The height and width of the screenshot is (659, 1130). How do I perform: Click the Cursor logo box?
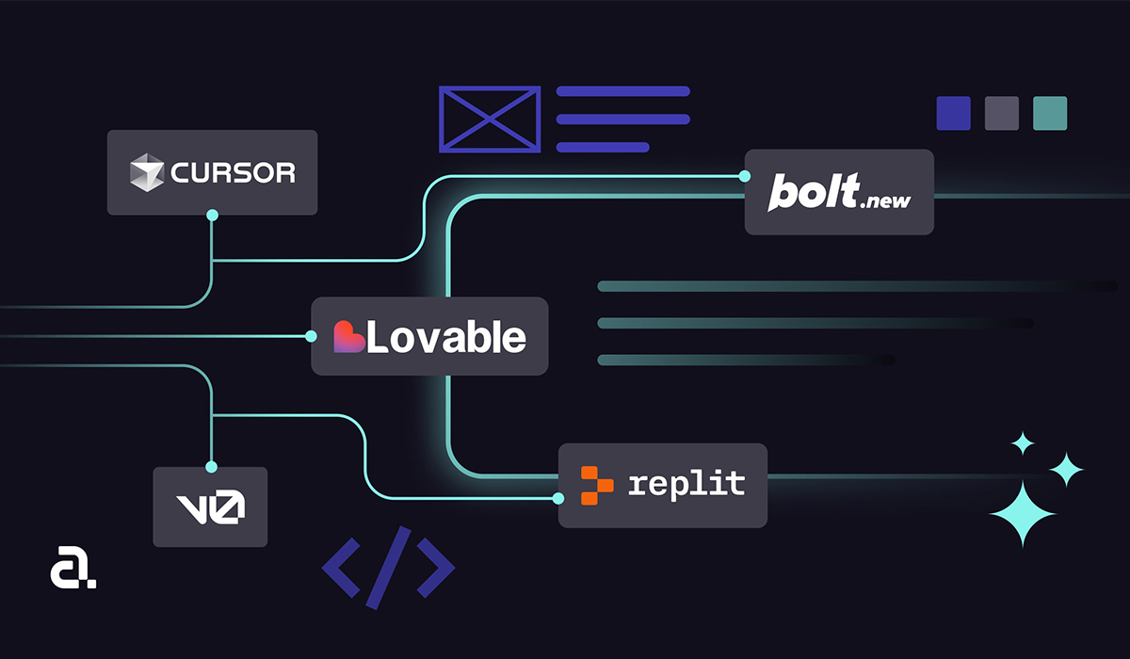pos(212,172)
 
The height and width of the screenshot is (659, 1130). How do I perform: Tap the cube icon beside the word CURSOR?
pos(146,172)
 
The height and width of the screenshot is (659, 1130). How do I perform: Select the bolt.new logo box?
pos(839,192)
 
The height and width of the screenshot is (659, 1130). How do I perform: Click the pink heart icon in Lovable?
pos(348,337)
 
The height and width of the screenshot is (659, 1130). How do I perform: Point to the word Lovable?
pos(446,337)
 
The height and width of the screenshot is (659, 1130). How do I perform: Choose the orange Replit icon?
pos(596,484)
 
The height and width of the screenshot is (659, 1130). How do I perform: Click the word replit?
pos(686,484)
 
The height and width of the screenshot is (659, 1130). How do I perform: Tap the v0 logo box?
pos(210,506)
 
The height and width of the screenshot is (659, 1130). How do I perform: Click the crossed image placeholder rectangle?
pos(490,119)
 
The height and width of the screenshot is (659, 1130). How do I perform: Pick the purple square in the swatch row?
pos(953,113)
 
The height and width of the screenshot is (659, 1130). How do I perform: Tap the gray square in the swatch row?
pos(1001,113)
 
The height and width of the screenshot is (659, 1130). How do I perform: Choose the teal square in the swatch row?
pos(1050,113)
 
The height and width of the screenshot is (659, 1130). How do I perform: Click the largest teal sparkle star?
pos(1024,513)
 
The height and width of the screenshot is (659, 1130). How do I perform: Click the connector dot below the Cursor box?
pos(212,216)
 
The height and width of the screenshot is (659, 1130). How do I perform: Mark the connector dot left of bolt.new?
pos(745,176)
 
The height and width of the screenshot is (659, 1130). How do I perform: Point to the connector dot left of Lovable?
pos(312,336)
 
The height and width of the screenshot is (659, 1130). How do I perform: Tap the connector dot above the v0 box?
pos(211,466)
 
